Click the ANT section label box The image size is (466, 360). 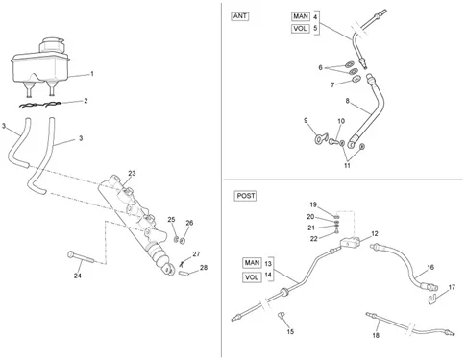point(240,16)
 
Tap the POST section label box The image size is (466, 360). point(246,196)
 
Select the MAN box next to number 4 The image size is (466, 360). point(301,16)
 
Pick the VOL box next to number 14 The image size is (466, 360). point(252,277)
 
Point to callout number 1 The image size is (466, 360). point(92,74)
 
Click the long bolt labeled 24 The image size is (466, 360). point(80,257)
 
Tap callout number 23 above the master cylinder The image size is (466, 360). point(132,173)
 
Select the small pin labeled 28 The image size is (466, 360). point(184,274)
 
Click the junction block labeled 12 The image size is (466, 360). point(351,243)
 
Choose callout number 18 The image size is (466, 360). point(376,335)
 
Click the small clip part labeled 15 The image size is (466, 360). point(282,316)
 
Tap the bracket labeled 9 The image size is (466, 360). point(321,138)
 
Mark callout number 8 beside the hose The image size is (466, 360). point(348,101)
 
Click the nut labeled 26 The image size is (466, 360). point(183,241)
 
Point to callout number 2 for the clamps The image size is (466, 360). point(86,101)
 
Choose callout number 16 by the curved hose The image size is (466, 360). point(430,267)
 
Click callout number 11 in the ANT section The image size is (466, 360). point(347,165)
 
